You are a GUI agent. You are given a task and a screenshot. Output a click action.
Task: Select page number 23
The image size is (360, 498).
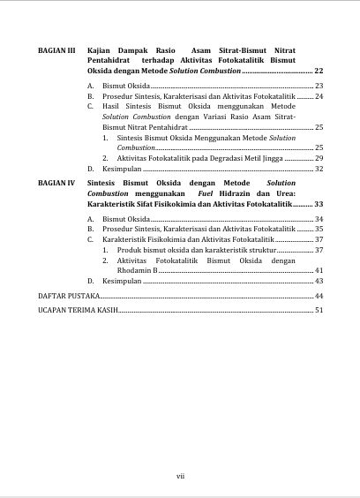[319, 87]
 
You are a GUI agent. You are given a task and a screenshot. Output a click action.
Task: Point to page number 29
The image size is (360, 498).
[319, 158]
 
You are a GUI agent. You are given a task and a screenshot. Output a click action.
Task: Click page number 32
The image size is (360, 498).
[319, 168]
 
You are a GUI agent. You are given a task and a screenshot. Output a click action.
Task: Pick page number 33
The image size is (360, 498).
[319, 203]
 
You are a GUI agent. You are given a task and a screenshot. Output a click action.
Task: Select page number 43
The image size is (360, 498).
[319, 280]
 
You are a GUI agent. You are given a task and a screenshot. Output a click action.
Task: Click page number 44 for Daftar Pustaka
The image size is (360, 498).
[319, 296]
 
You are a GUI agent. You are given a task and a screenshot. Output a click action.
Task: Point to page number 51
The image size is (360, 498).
[319, 311]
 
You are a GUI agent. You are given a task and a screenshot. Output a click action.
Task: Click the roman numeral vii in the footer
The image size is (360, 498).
[180, 476]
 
